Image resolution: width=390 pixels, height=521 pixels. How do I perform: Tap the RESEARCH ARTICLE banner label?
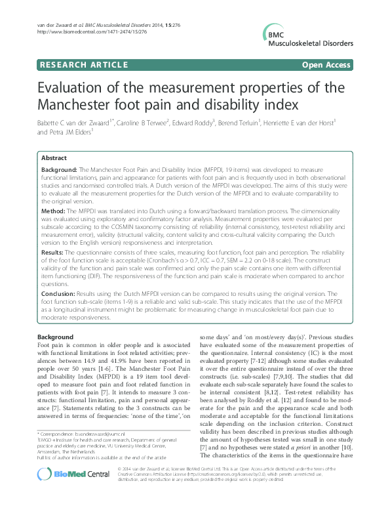click(x=83, y=66)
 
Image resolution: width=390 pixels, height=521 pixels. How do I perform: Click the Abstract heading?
click(x=54, y=158)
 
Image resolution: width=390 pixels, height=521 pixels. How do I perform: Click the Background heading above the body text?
click(x=56, y=337)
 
